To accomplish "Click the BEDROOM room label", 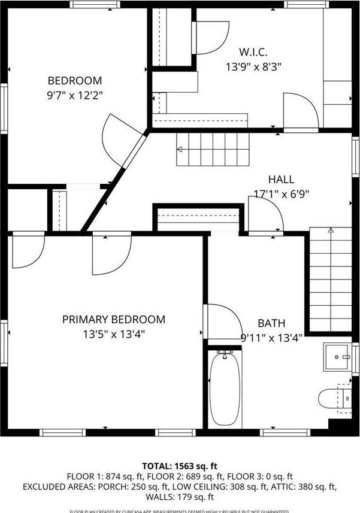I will point(75,81).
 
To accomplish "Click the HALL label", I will point(281,179).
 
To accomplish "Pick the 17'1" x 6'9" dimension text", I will point(281,193).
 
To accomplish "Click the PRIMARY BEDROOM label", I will point(114,320).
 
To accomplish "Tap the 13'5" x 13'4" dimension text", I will point(114,334).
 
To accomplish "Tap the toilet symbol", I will point(334,398).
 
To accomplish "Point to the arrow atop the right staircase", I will point(330,229).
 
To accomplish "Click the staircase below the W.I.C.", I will point(212,149).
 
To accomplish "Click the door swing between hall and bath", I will point(264,215).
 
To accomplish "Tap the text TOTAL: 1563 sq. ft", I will point(180,466).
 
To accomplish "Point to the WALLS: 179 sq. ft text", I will point(180,497).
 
